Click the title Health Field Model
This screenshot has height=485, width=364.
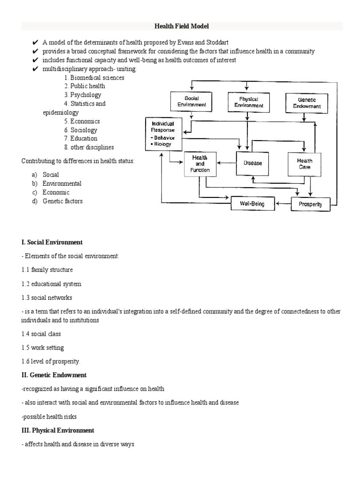182,27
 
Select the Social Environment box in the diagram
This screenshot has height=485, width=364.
188,102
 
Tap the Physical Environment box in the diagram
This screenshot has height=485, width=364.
246,102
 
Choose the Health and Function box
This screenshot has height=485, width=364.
200,164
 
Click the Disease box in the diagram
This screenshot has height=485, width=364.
252,163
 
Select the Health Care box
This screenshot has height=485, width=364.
305,164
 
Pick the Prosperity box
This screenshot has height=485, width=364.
310,205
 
